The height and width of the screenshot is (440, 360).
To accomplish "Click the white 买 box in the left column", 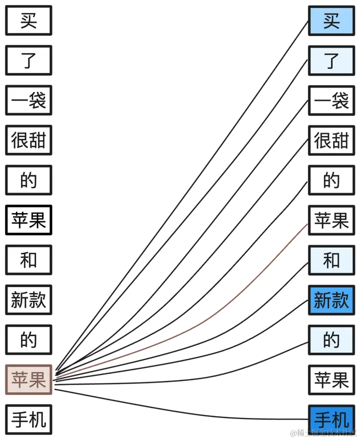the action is pos(28,21).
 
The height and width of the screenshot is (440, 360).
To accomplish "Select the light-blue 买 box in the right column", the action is pos(331,21).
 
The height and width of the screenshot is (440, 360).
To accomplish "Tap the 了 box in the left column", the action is pos(28,61).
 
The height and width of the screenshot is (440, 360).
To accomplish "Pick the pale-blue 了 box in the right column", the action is pos(331,61).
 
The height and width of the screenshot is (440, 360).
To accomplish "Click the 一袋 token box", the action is pos(28,101).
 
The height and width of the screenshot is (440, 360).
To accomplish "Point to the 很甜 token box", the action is pos(28,141).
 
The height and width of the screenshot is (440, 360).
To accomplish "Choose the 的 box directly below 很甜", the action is pos(28,180).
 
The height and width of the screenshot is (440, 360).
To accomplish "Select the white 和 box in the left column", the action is pos(28,260).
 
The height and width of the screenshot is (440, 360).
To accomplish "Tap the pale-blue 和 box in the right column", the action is pos(331,260).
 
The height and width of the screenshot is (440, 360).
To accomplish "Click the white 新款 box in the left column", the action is pos(28,300).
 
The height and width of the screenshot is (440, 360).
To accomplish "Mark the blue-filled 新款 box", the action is pos(331,300).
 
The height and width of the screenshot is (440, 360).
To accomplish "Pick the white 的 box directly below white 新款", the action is pos(28,340).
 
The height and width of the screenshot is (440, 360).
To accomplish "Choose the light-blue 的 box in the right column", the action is pos(331,340).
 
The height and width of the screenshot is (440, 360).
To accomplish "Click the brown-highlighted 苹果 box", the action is pos(28,380).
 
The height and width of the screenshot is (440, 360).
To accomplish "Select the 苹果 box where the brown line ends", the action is pos(331,220).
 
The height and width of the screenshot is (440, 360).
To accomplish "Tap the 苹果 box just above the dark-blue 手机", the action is pos(331,380).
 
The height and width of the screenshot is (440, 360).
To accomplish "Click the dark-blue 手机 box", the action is pos(331,419).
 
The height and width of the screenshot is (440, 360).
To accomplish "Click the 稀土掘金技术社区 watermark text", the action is pos(327,433).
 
